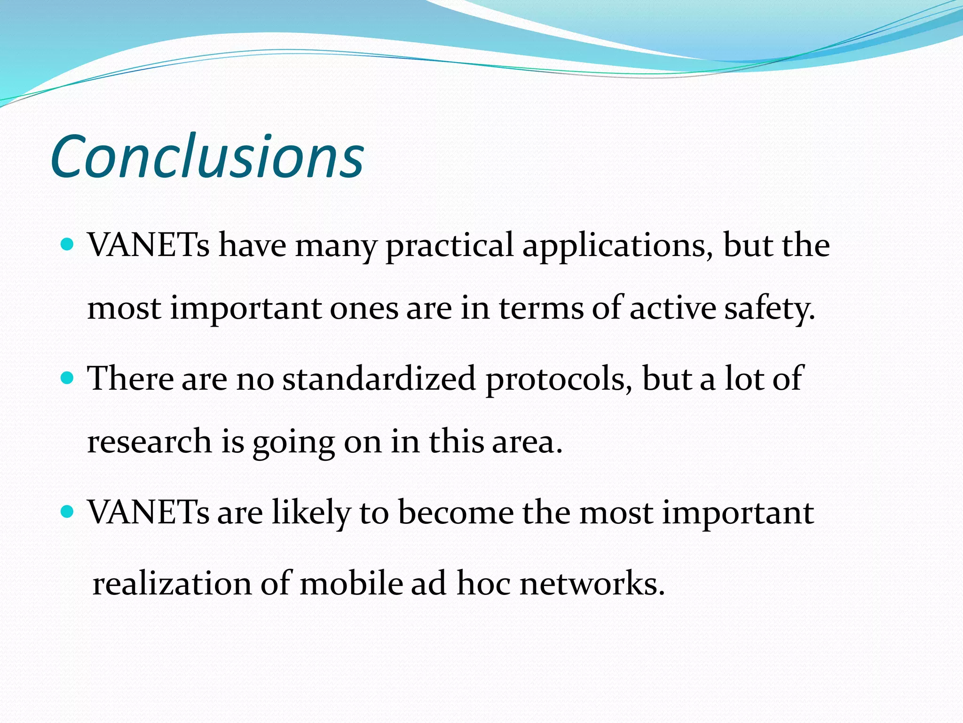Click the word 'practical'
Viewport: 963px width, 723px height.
450,246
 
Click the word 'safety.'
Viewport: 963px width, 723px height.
769,308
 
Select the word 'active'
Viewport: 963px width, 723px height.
673,308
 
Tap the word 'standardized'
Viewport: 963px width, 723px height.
379,379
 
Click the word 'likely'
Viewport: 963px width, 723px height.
311,513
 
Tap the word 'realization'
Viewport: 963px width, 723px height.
172,584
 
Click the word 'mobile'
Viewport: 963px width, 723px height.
352,584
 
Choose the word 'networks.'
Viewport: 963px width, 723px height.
592,584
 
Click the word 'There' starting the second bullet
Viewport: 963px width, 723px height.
131,379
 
